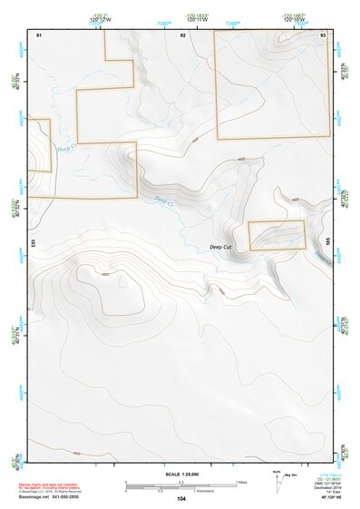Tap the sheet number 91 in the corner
39,34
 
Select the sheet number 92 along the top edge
183,34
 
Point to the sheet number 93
323,34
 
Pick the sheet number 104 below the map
181,498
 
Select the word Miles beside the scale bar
240,481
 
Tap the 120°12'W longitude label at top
102,19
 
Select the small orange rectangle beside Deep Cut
277,235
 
